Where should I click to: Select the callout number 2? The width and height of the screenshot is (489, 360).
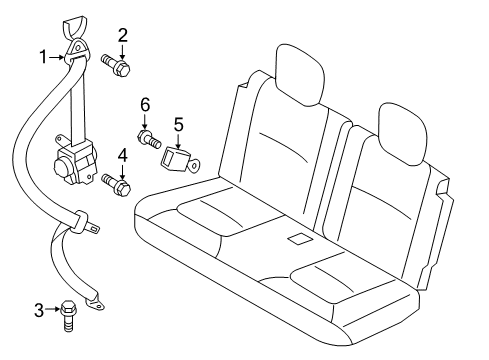click(123, 38)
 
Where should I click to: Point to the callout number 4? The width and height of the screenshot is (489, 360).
click(122, 155)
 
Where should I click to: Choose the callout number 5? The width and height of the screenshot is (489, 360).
click(180, 125)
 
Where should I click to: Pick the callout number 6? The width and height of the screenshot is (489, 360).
click(144, 105)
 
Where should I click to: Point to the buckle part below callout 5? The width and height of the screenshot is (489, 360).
click(183, 157)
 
